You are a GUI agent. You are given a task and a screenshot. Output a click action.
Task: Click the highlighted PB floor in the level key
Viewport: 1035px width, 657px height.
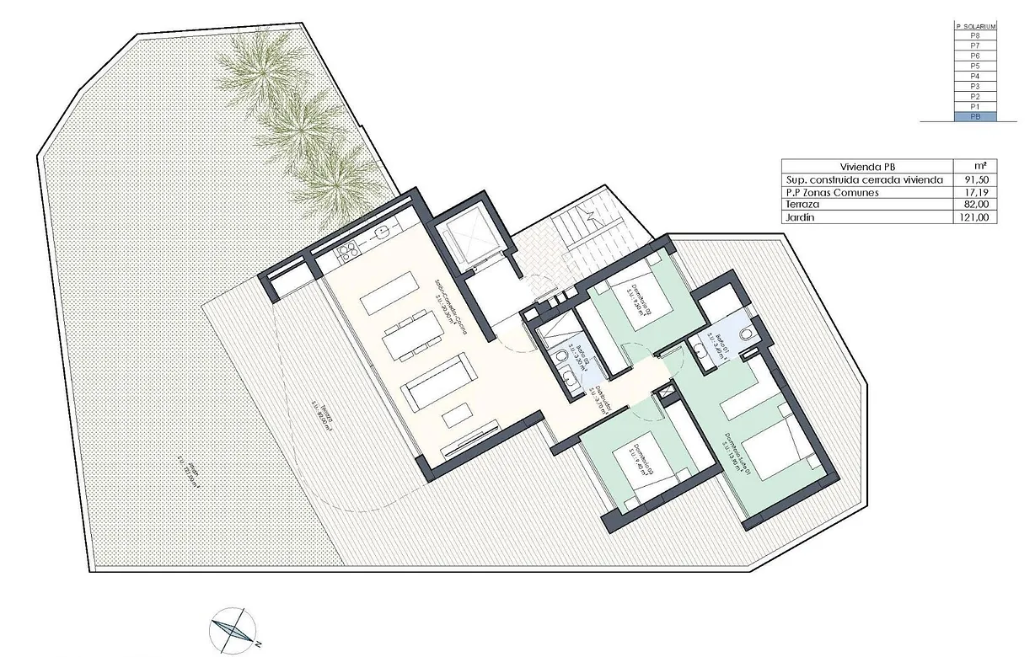(976, 117)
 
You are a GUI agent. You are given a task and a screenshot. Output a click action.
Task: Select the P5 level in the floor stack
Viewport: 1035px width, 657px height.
(976, 66)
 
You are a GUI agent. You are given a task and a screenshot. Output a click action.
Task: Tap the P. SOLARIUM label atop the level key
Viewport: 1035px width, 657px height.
(976, 27)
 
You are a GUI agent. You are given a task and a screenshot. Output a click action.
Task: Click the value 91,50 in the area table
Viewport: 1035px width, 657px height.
(975, 179)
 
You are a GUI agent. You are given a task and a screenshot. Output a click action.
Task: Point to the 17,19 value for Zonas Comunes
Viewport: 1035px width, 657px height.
(975, 192)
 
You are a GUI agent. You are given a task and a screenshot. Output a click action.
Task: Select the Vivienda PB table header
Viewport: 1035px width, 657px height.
(866, 166)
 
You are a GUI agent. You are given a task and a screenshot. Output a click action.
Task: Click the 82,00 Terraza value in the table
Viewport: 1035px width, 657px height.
(975, 205)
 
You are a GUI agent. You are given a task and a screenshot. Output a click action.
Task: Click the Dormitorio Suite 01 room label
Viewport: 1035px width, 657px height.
(731, 457)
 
